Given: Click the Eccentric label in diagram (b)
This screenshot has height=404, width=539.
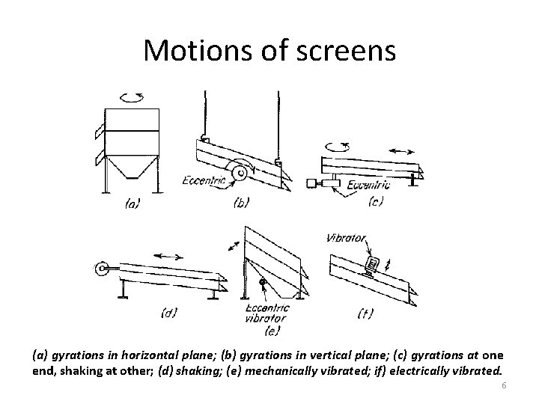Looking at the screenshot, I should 204,180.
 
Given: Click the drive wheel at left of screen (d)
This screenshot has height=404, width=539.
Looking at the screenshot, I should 100,268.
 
